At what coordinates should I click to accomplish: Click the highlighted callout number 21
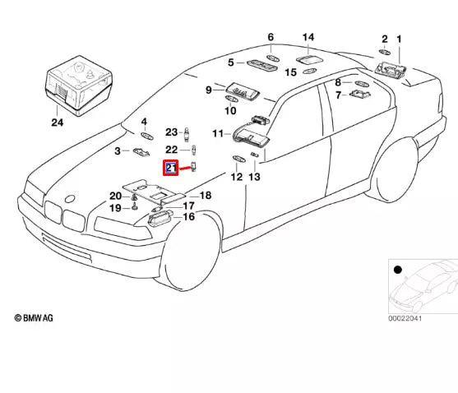(171, 169)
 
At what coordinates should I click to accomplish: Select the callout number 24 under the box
(56, 123)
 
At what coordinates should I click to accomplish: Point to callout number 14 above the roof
(308, 38)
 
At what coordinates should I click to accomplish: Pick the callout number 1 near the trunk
(400, 39)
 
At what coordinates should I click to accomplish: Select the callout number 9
(210, 89)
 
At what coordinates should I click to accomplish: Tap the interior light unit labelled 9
(239, 88)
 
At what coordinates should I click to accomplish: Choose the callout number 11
(218, 133)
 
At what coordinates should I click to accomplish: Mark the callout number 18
(206, 195)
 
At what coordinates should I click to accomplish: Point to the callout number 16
(188, 217)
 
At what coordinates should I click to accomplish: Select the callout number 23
(171, 132)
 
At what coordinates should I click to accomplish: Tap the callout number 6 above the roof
(270, 37)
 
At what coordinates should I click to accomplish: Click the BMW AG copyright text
(35, 317)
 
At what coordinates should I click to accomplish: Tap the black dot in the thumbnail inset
(398, 269)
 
